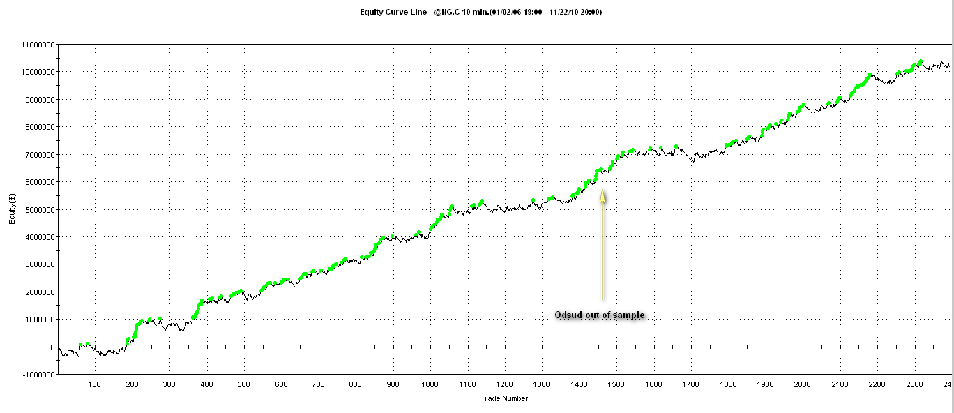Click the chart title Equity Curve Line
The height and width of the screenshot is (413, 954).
[x=480, y=12]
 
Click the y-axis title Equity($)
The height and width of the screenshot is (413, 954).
[x=12, y=209]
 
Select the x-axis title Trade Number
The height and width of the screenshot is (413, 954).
[x=504, y=398]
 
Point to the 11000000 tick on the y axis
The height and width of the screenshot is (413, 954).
[x=38, y=45]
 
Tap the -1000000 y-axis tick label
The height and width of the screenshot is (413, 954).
[x=38, y=375]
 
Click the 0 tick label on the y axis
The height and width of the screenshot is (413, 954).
[x=52, y=347]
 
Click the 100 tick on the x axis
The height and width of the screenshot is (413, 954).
[x=94, y=384]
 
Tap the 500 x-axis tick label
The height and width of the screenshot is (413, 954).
[x=243, y=384]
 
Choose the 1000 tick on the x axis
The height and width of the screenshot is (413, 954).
[x=430, y=384]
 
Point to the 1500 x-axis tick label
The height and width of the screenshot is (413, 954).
[x=616, y=384]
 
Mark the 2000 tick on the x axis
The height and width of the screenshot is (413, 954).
[x=802, y=384]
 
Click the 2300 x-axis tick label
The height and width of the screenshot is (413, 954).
[x=914, y=384]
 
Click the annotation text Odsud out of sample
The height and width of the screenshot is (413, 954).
[x=599, y=315]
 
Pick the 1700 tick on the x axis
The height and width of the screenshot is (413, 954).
[x=690, y=384]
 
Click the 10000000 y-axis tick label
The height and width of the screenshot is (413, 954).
[x=38, y=72]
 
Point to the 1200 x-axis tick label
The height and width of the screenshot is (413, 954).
[x=504, y=384]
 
